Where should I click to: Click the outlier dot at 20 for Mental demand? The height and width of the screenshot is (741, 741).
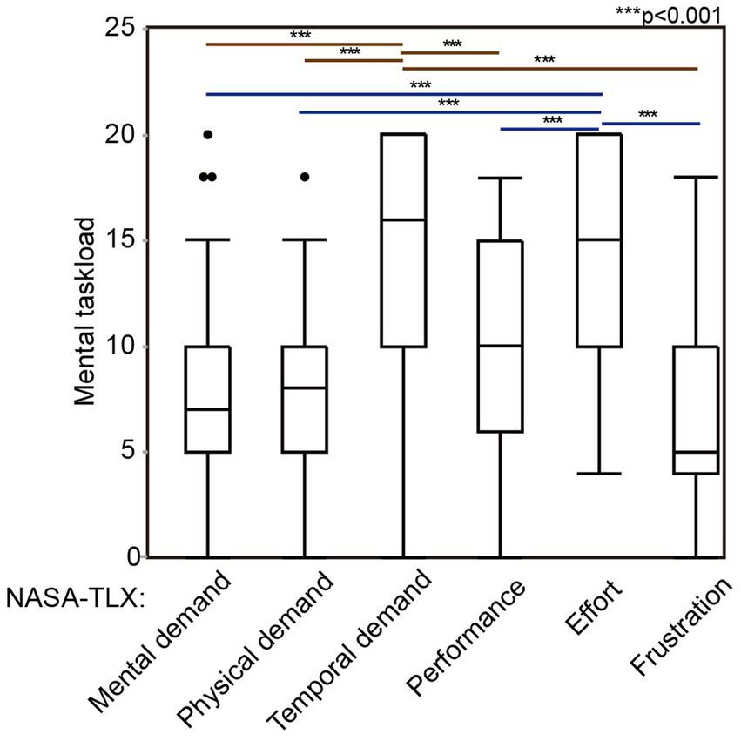pos(207,135)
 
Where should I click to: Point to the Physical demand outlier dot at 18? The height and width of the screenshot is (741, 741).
pos(305,177)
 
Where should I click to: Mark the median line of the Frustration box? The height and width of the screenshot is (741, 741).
pos(696,452)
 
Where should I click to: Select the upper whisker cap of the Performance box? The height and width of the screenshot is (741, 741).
pos(500,178)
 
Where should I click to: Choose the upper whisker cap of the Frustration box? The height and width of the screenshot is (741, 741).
pos(696,177)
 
